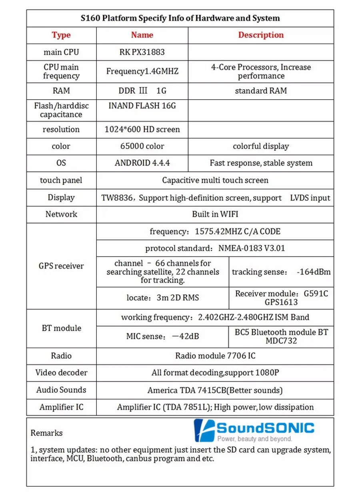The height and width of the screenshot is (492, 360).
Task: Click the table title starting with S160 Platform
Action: tap(180, 18)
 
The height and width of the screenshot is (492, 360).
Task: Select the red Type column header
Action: tap(61, 35)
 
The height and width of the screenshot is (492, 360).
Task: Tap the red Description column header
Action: tap(261, 35)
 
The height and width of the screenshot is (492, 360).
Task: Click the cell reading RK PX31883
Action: tap(142, 52)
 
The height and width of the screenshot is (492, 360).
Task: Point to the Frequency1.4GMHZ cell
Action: tap(142, 72)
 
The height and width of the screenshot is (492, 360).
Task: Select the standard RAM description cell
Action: tap(261, 91)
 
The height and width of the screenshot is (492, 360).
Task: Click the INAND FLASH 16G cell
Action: tap(142, 106)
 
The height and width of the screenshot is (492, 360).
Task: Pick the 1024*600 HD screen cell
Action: tap(142, 130)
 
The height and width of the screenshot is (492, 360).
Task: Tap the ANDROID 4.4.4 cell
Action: tap(142, 163)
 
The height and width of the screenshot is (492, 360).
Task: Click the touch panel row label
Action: tap(61, 180)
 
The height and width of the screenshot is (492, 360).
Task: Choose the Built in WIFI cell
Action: tap(215, 214)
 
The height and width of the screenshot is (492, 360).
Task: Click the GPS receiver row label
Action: tap(61, 266)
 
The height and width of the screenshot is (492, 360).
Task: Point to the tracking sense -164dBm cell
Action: tap(281, 272)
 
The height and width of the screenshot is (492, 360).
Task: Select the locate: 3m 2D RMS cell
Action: tap(162, 298)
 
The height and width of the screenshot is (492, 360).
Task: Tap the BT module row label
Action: tap(61, 328)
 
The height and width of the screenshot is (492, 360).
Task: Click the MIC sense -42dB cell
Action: tap(162, 337)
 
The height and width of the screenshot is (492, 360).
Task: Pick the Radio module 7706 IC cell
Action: tap(215, 356)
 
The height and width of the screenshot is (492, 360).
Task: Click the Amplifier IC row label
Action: tap(61, 408)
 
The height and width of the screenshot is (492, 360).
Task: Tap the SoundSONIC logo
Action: tap(254, 430)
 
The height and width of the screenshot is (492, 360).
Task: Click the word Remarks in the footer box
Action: tap(46, 433)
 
